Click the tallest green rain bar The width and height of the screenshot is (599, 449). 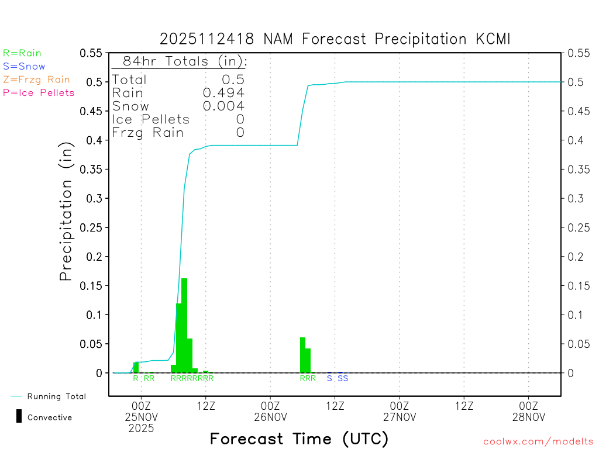click(184, 325)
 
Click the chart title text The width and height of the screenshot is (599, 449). click(336, 39)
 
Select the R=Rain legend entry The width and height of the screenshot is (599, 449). click(22, 53)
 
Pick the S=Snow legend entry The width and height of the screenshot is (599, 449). click(24, 67)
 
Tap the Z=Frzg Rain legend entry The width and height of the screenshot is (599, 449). click(36, 80)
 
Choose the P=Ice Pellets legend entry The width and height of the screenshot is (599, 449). click(39, 92)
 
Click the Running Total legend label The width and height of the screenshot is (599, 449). click(56, 396)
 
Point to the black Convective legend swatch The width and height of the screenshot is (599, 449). click(19, 416)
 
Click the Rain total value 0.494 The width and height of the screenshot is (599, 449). click(223, 93)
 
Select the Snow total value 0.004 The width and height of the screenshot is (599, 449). click(223, 106)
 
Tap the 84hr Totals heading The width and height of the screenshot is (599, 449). click(184, 61)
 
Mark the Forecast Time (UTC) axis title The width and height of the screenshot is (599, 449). click(299, 438)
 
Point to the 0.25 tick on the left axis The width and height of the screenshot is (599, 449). click(94, 227)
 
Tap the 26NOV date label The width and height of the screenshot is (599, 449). click(270, 417)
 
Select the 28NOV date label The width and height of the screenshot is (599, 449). click(529, 417)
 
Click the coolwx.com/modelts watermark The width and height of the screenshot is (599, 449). click(538, 441)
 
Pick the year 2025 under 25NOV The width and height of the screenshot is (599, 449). click(142, 428)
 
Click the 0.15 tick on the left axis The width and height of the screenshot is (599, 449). click(94, 286)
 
